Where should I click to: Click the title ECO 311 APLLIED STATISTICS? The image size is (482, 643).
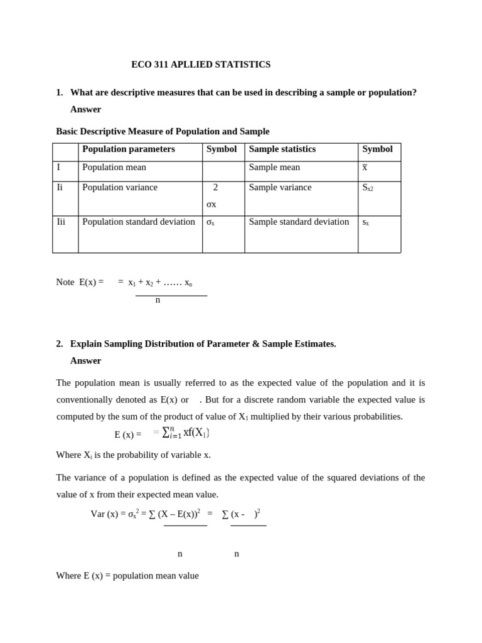tap(201, 65)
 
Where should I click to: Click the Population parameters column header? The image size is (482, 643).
tap(129, 149)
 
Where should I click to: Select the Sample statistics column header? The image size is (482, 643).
tap(282, 149)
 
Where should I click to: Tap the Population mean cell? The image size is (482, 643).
tap(114, 168)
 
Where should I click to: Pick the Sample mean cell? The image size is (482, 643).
tap(274, 168)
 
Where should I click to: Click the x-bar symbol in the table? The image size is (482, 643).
tap(365, 168)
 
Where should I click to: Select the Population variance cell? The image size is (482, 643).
tap(120, 188)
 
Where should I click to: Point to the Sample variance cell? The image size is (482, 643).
tap(280, 188)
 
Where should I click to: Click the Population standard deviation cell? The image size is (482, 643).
tap(139, 222)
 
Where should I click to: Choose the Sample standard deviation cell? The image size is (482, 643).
tap(299, 222)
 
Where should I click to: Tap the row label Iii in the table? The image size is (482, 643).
tap(61, 222)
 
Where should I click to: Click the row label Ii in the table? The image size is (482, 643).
tap(60, 188)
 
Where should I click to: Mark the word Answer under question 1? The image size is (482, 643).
tap(85, 109)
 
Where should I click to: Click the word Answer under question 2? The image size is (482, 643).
tap(85, 360)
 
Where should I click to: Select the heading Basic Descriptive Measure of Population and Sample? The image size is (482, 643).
tap(163, 132)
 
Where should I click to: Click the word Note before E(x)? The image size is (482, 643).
tap(65, 283)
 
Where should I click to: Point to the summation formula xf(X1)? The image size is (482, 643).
tap(186, 433)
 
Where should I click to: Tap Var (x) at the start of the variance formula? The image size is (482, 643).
tap(104, 514)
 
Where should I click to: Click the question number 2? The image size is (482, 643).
tap(60, 344)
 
